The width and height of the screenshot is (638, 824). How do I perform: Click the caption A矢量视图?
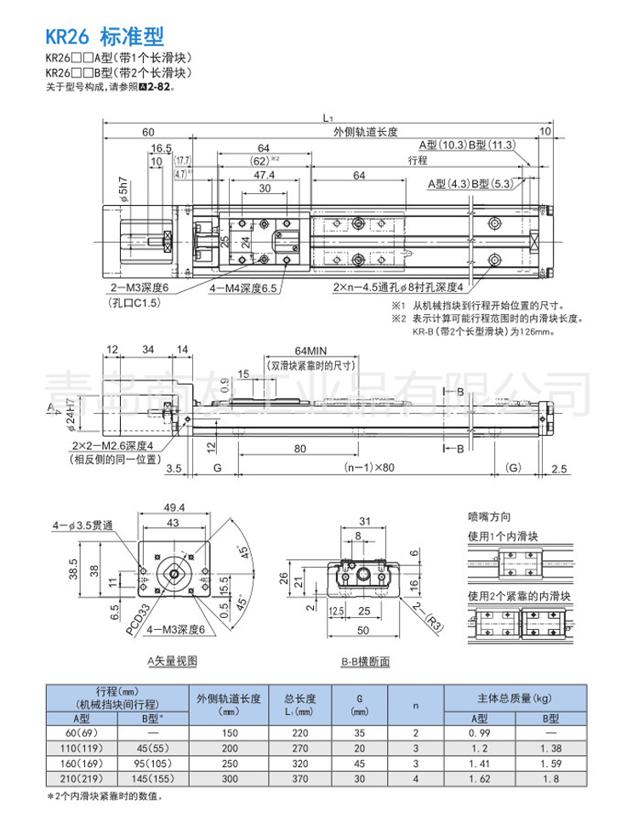point(170,660)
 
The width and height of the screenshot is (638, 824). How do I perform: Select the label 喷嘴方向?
point(490,515)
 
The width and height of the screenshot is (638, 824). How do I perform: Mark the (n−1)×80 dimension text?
point(371,468)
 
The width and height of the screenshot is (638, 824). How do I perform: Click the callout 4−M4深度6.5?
point(244,289)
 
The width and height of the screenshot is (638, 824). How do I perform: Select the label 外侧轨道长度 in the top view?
point(366,131)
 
